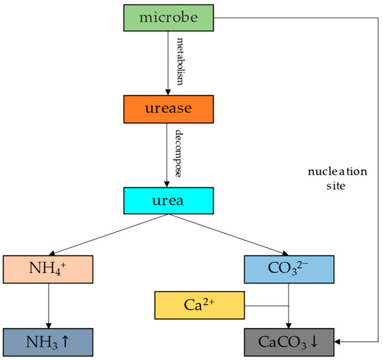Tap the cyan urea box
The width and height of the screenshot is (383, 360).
[169, 201]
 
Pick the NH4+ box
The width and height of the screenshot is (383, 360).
[48, 268]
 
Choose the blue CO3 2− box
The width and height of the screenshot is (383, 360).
[288, 268]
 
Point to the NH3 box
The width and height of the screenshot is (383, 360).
[48, 341]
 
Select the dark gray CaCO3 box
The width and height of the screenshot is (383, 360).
[288, 341]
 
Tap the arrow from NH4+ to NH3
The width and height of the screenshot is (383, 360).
[48, 304]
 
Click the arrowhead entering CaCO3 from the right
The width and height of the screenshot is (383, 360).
[338, 342]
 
